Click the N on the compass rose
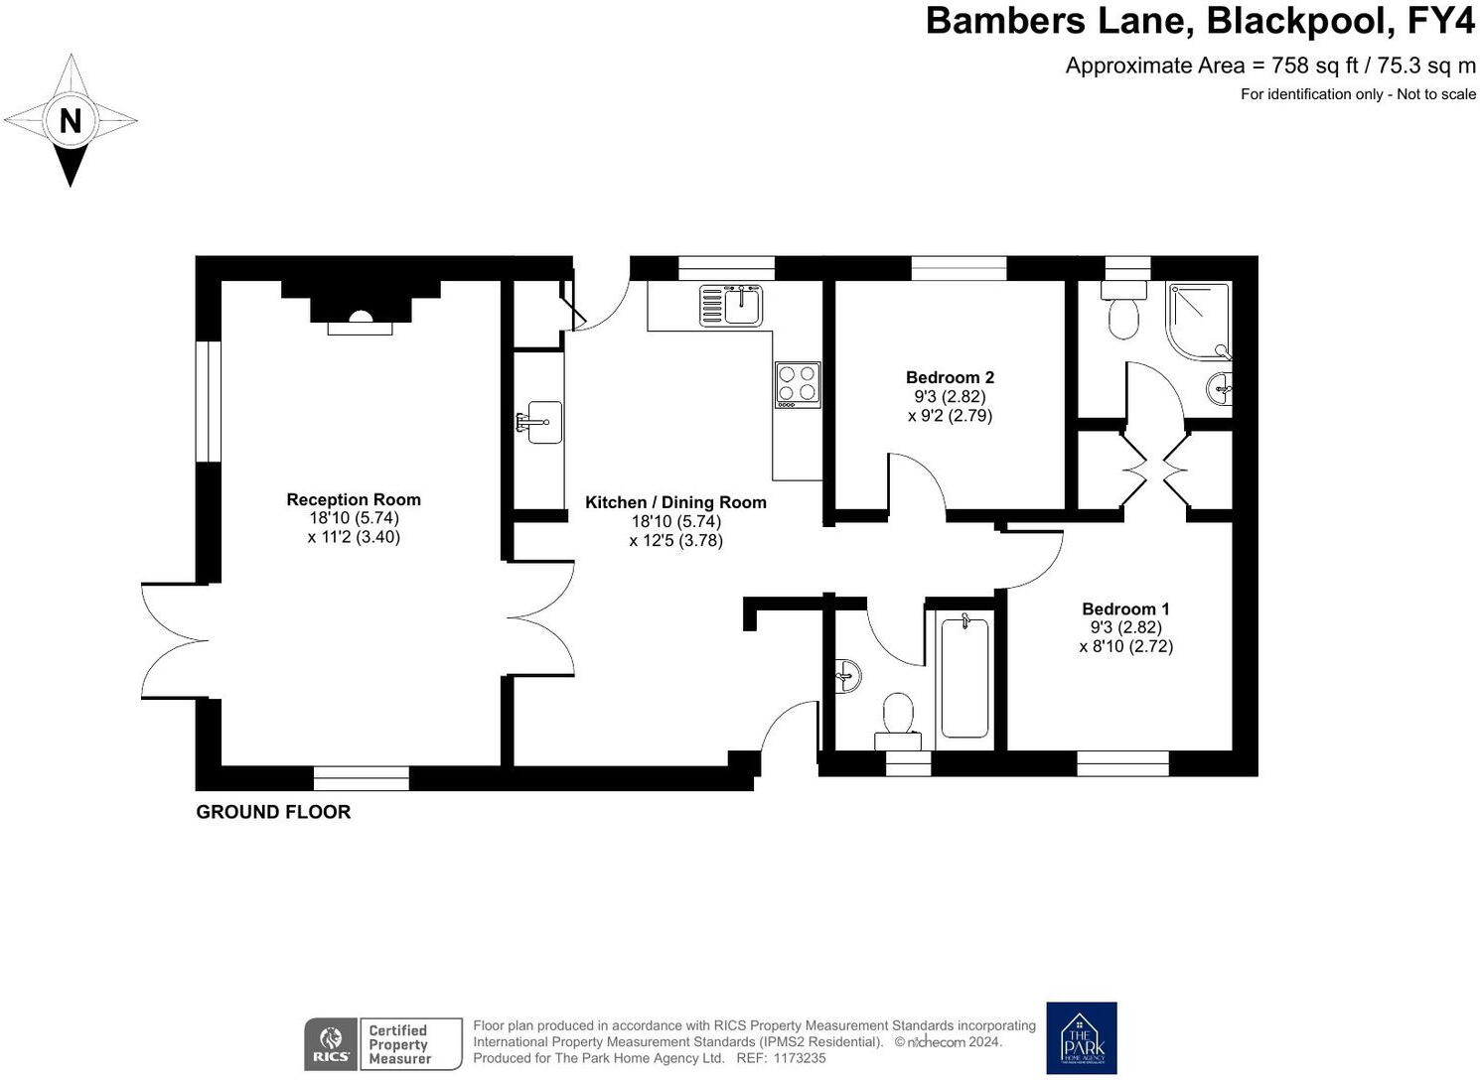[x=71, y=121]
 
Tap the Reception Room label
[x=354, y=499]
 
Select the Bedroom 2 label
[x=951, y=377]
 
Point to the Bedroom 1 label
[x=1125, y=608]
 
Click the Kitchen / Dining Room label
[x=675, y=502]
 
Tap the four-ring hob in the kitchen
[x=798, y=385]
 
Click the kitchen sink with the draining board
[x=731, y=306]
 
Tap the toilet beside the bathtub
[x=898, y=721]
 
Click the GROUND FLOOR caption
[x=273, y=812]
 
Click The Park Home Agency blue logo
[x=1082, y=1038]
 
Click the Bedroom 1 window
[x=1122, y=763]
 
